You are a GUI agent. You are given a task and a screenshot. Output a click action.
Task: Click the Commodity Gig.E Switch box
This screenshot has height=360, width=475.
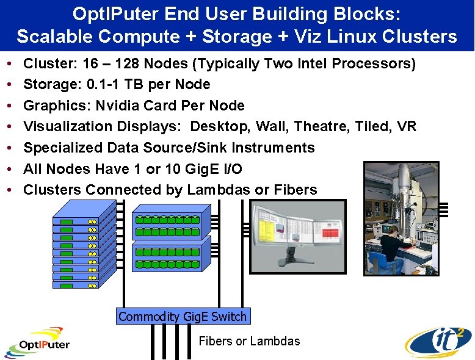point(183,316)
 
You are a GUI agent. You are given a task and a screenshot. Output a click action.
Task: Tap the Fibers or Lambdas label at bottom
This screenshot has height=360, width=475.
point(249,341)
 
